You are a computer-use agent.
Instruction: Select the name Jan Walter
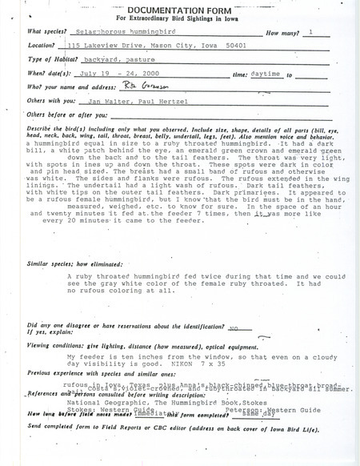104,103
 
